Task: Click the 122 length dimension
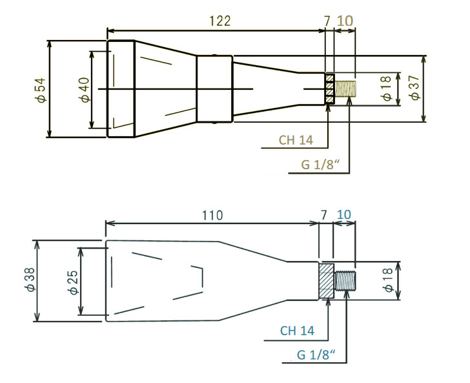click(220, 21)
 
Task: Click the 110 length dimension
click(211, 215)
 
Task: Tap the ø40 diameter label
click(83, 89)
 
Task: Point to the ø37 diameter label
click(414, 88)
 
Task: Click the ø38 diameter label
click(28, 282)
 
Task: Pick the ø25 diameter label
click(72, 282)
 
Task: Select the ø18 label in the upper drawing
click(387, 88)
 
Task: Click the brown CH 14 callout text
click(296, 140)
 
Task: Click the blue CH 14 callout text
click(297, 331)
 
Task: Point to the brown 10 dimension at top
click(345, 21)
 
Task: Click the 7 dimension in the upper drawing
click(327, 21)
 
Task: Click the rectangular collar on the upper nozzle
click(214, 88)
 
